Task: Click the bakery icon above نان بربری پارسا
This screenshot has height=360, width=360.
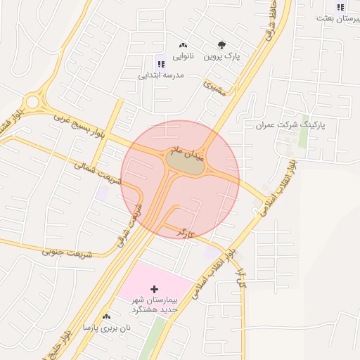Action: pos(106,317)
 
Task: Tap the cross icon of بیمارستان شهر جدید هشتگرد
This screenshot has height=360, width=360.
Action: pos(155,289)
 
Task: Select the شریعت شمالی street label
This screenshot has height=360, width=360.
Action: pos(98,174)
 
